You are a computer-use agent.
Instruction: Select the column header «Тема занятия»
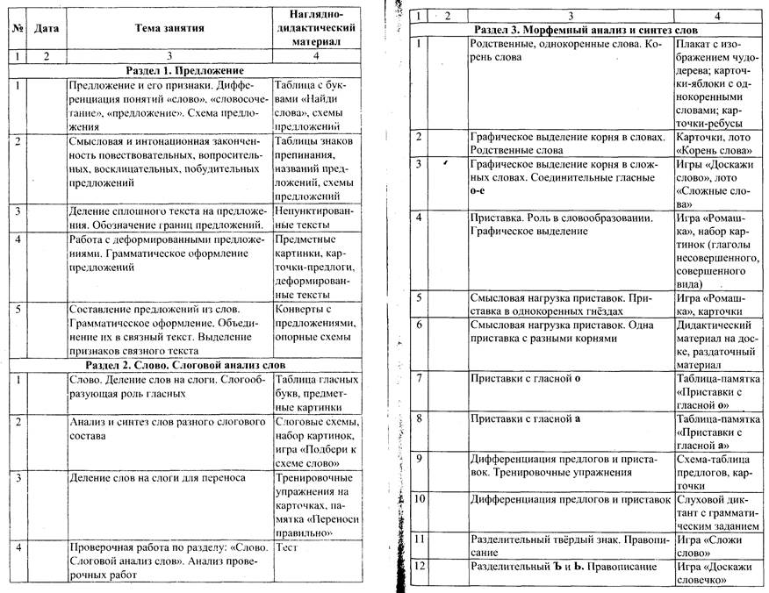169,28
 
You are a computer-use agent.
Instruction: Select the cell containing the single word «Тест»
288,546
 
